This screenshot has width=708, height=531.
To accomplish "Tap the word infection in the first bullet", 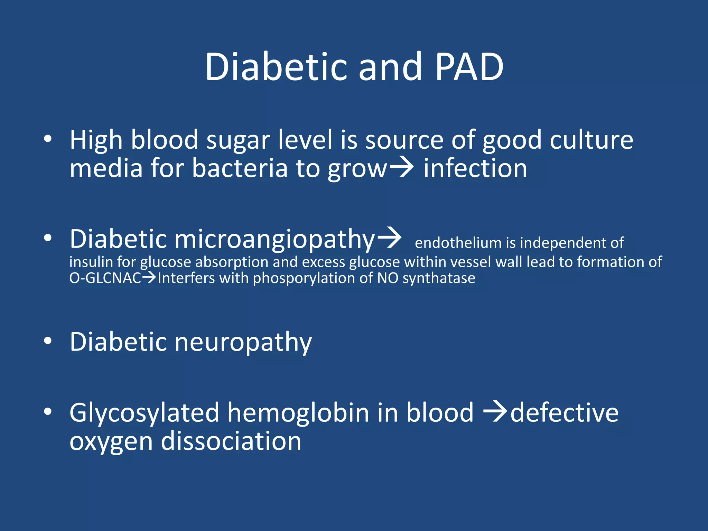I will [475, 168].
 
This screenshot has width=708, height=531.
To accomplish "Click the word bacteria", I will [240, 168].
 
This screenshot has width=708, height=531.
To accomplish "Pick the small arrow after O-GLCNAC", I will [149, 277].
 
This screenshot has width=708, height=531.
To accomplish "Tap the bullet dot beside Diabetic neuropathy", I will [48, 341].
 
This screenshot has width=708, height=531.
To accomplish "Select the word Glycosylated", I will [144, 413].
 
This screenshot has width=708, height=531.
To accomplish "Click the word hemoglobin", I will [298, 413].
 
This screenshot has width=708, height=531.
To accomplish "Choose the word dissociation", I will [231, 441].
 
